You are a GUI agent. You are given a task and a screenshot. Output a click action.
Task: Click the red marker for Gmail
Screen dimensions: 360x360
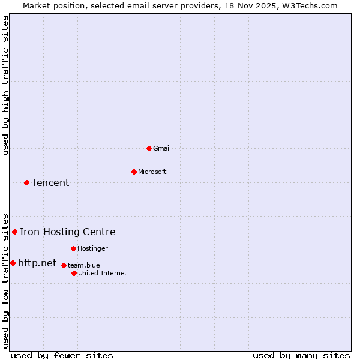149,148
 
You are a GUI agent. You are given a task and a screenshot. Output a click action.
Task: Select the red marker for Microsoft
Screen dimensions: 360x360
134,172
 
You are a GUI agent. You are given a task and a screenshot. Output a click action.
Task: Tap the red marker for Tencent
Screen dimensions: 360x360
26,182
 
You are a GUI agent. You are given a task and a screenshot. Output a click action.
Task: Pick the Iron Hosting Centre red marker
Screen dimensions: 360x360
14,232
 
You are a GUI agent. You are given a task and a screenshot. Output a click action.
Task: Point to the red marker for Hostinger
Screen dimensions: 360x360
73,248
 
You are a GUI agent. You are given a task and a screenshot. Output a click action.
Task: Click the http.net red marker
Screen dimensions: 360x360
13,263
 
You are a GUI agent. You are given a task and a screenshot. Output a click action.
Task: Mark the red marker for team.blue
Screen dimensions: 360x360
64,265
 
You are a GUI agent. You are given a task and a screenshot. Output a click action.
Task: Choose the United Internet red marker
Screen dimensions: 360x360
74,273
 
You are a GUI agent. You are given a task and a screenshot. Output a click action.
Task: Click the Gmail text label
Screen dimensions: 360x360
163,148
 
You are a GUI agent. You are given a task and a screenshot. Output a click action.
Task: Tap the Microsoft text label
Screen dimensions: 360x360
152,172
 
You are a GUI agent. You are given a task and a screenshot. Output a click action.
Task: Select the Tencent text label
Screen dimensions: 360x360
50,182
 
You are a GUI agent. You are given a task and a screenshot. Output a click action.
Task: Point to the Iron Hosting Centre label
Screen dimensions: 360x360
68,232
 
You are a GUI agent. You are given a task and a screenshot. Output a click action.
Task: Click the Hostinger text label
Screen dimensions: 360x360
93,248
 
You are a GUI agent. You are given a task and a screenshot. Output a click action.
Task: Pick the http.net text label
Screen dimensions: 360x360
37,263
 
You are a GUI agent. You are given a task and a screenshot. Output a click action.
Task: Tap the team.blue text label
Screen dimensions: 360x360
84,265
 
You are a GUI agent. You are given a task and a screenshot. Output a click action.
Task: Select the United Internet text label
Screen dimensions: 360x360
103,273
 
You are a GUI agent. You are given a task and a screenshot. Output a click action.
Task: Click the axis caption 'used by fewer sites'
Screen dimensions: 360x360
62,355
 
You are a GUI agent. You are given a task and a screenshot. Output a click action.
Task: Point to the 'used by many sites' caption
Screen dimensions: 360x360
301,355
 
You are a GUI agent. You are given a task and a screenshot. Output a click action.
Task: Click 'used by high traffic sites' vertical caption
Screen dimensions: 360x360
6,85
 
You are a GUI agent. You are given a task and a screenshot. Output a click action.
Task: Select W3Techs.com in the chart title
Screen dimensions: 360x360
310,5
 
